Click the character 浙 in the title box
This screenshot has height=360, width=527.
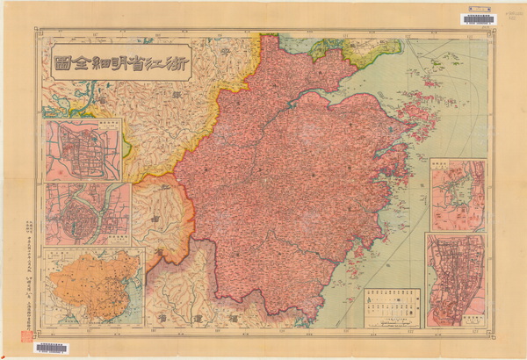pyautogui.click(x=173, y=62)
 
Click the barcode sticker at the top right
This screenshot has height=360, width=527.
pyautogui.click(x=478, y=18)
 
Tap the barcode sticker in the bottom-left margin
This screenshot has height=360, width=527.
pyautogui.click(x=50, y=348)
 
